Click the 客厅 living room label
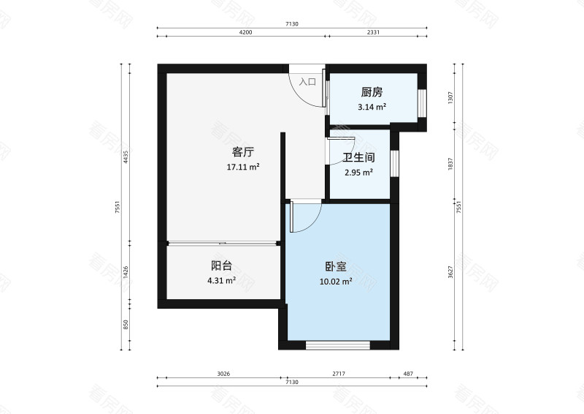coord(243,152)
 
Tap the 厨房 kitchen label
coord(372,93)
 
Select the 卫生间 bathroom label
coord(358,157)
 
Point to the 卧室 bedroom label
coord(336,267)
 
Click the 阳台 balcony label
coord(221,266)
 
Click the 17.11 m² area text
coord(243,167)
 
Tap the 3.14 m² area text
coord(372,107)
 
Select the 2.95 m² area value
coord(358,173)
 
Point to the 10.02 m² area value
coord(336,281)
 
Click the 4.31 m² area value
coord(221,280)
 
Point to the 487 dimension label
coord(408,374)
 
